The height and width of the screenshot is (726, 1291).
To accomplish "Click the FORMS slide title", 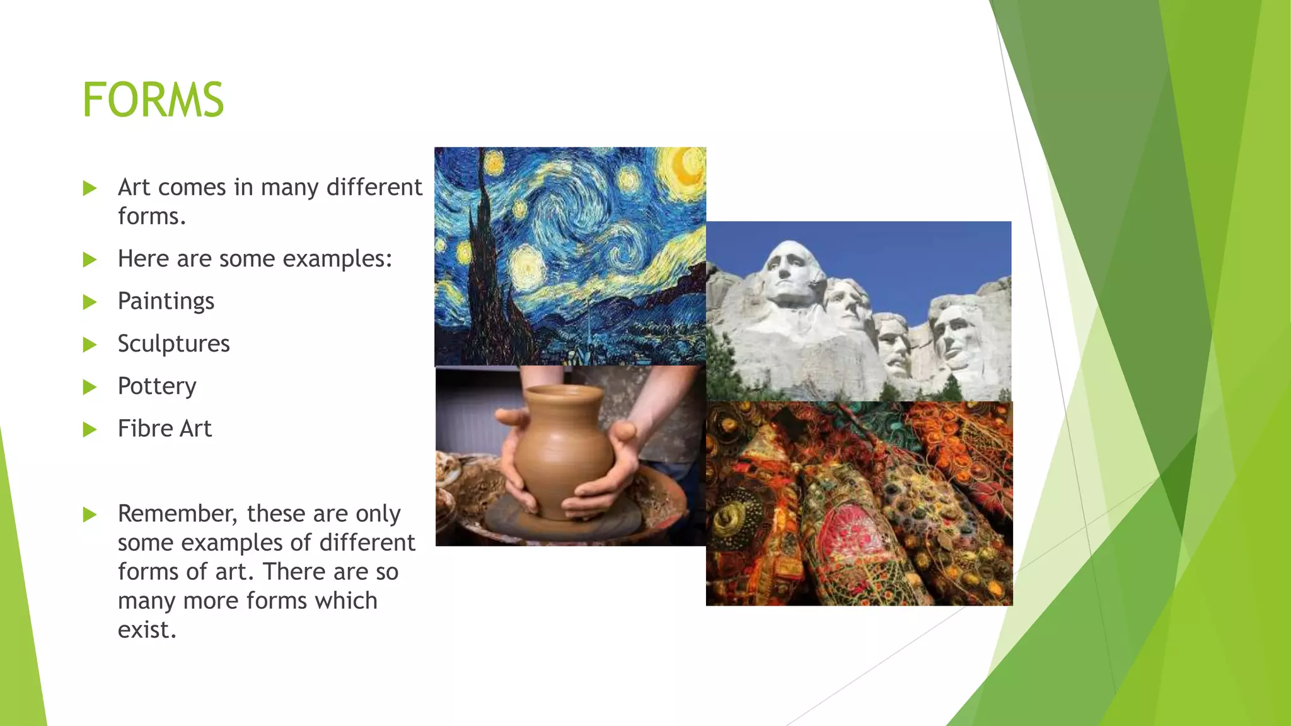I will pyautogui.click(x=153, y=100).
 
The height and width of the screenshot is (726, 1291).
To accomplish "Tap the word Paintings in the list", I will pyautogui.click(x=166, y=301).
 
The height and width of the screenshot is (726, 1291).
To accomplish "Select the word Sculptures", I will pyautogui.click(x=173, y=343).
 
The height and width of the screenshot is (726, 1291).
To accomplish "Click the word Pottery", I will pyautogui.click(x=157, y=386).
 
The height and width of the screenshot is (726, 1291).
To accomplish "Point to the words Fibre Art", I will pyautogui.click(x=165, y=429).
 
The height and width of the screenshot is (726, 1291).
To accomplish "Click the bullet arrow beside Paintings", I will pyautogui.click(x=90, y=302).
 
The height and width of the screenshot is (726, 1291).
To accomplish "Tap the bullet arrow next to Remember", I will pyautogui.click(x=90, y=515).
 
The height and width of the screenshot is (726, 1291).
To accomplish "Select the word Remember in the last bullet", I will pyautogui.click(x=177, y=514).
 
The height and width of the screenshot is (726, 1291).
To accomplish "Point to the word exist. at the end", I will pyautogui.click(x=147, y=630).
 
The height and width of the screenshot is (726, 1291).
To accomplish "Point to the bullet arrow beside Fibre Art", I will pyautogui.click(x=90, y=430).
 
